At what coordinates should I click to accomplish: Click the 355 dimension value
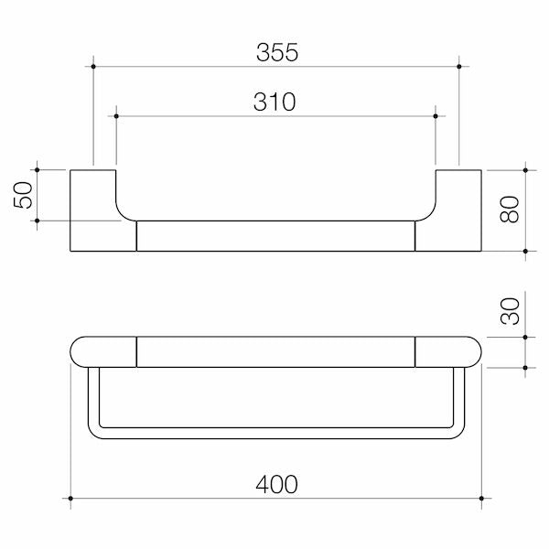click(276, 52)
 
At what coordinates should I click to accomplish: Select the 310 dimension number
click(274, 102)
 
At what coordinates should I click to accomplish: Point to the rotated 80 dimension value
click(510, 210)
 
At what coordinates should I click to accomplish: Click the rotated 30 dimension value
click(510, 312)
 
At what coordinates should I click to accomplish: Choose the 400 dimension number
click(276, 484)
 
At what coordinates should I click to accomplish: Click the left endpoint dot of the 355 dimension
click(93, 65)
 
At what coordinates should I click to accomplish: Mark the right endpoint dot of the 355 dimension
click(458, 65)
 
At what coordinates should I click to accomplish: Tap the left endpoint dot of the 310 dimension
click(116, 115)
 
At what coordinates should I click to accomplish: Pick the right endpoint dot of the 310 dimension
click(436, 115)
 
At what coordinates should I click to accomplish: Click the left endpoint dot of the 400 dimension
click(70, 498)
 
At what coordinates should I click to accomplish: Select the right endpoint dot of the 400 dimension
click(481, 498)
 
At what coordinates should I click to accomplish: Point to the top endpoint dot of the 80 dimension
click(526, 169)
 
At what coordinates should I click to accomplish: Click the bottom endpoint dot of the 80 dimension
click(526, 251)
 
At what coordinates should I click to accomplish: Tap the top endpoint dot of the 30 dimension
click(526, 337)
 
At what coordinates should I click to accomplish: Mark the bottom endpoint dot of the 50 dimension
click(38, 220)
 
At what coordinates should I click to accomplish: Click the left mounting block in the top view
click(102, 210)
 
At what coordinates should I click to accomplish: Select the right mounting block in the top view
click(448, 210)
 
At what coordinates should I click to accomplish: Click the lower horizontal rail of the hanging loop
click(276, 430)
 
